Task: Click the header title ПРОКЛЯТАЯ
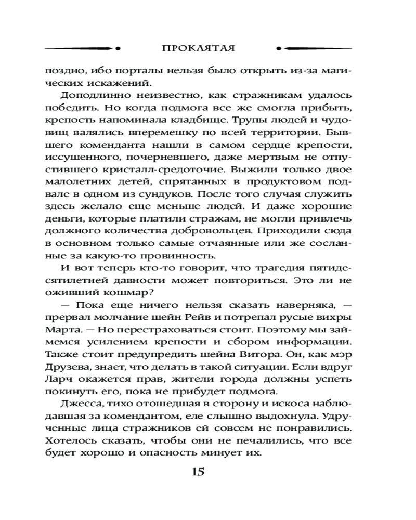[x=198, y=48]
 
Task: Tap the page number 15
[x=199, y=472]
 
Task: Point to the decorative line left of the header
[x=83, y=48]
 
